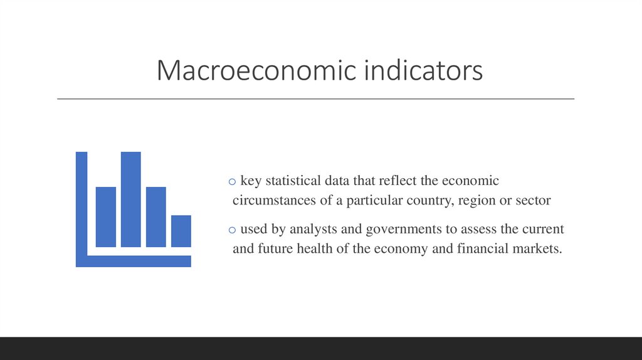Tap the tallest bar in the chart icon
pyautogui.click(x=130, y=199)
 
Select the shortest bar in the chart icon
pyautogui.click(x=181, y=231)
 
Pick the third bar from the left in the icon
pyautogui.click(x=155, y=216)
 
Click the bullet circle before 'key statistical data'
pyautogui.click(x=232, y=182)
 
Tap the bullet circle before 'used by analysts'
pyautogui.click(x=232, y=230)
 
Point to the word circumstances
pyautogui.click(x=268, y=201)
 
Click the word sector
pyautogui.click(x=533, y=201)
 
